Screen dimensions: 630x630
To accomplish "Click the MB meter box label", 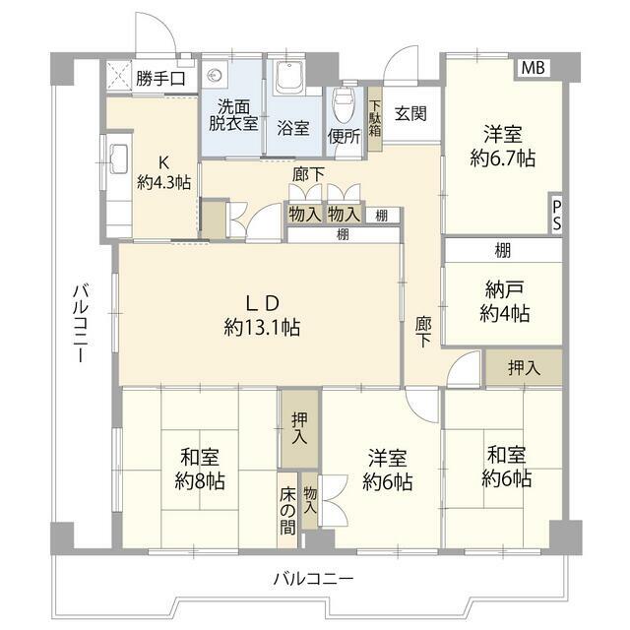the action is pos(534,68).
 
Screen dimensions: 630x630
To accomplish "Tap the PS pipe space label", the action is pos(556,216).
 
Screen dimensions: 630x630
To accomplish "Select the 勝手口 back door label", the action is pos(160,79).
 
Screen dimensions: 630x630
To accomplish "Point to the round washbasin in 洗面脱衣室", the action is pos(215,75).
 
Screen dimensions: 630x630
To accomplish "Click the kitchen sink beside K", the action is pos(119,158).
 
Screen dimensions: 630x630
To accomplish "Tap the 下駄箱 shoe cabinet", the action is pos(375,119).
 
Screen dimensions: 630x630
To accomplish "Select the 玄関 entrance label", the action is pos(410,114).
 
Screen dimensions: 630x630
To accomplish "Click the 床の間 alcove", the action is pos(287,510).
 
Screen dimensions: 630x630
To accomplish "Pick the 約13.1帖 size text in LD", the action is pos(262,328).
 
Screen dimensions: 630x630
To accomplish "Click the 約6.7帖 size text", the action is pos(503,157).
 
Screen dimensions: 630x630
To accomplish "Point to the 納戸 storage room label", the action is pos(504,289).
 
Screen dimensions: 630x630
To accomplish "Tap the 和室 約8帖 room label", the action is pos(200,469).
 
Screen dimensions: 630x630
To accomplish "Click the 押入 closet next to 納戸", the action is pos(524,367).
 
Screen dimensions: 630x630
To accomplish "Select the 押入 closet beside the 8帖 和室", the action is pos(299,428).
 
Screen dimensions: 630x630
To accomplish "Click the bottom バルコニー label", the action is pos(313,579).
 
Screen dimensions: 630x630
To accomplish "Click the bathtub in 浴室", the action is pos(288,78).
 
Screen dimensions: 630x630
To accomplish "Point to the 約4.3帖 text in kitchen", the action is pos(163,183).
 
